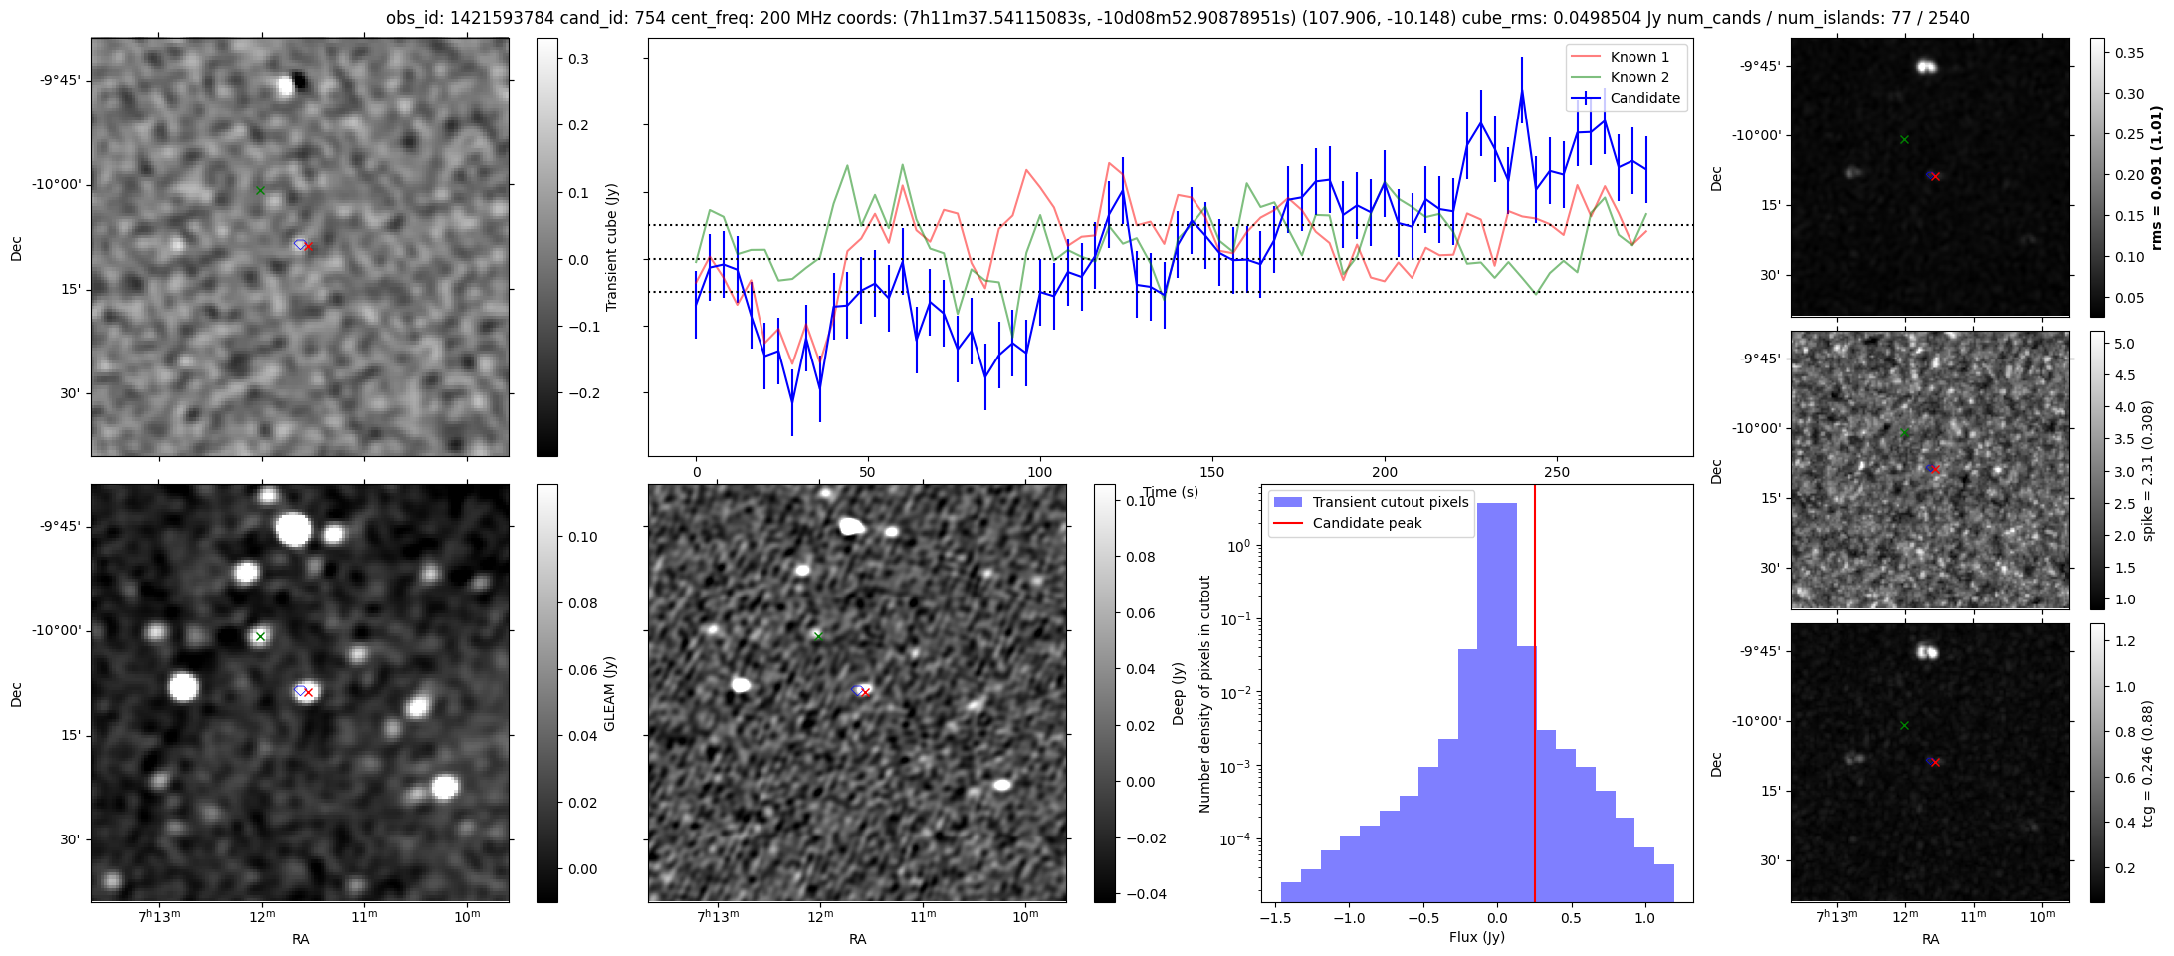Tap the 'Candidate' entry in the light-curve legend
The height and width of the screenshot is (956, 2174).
(1644, 98)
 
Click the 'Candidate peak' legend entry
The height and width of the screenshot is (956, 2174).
(1367, 523)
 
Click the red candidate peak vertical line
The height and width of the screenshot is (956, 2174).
(1535, 697)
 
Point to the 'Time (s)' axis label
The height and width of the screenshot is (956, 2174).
(1171, 492)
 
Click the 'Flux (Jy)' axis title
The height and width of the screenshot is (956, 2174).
(1477, 937)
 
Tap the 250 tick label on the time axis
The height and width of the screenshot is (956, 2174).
(1556, 472)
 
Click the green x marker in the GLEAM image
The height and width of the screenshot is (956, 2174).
(260, 636)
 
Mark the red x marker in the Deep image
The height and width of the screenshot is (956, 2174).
(865, 692)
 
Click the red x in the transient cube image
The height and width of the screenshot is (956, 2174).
(308, 246)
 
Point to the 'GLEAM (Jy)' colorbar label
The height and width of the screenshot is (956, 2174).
(609, 693)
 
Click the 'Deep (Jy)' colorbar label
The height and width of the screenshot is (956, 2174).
(1178, 693)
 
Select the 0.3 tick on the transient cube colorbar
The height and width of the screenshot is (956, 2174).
(578, 59)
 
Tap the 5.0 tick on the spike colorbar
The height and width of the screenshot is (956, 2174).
(2124, 344)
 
